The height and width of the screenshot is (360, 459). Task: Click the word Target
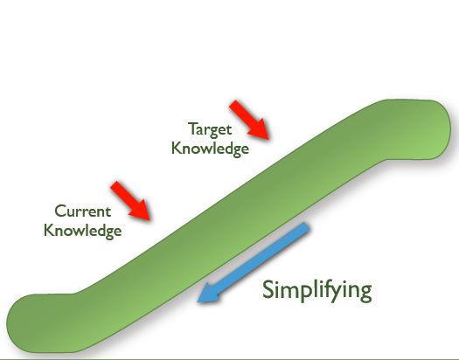pos(210,129)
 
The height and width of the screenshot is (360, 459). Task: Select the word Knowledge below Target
pos(210,149)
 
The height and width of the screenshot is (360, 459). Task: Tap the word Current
pos(83,211)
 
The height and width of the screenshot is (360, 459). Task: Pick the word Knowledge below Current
pos(82,231)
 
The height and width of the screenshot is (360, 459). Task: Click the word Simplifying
pos(317,290)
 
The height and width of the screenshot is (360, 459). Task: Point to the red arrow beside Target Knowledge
pos(249,120)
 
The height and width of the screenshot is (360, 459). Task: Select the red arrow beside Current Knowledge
pos(130,201)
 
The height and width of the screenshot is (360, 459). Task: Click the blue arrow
pos(254,262)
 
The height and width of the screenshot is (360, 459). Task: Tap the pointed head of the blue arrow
pos(198,301)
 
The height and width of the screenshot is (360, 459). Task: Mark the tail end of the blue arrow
pos(306,225)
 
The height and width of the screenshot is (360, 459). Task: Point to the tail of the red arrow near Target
pos(233,103)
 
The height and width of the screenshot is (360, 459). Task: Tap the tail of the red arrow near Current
pos(114,184)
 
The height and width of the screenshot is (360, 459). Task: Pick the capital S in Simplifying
pos(268,289)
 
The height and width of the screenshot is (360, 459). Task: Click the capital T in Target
pos(193,128)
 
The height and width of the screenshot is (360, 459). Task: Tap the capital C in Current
pos(61,211)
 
